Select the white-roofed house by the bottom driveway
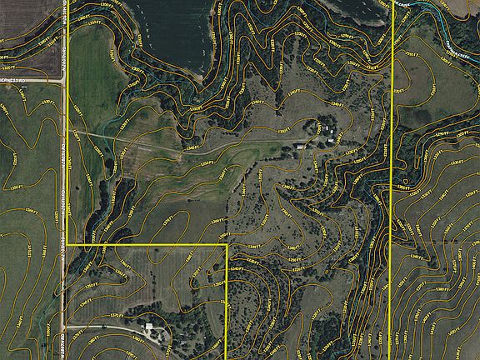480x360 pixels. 150,326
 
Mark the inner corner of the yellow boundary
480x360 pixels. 227,245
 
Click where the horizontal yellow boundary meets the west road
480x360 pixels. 67,245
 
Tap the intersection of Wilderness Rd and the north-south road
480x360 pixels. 64,80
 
